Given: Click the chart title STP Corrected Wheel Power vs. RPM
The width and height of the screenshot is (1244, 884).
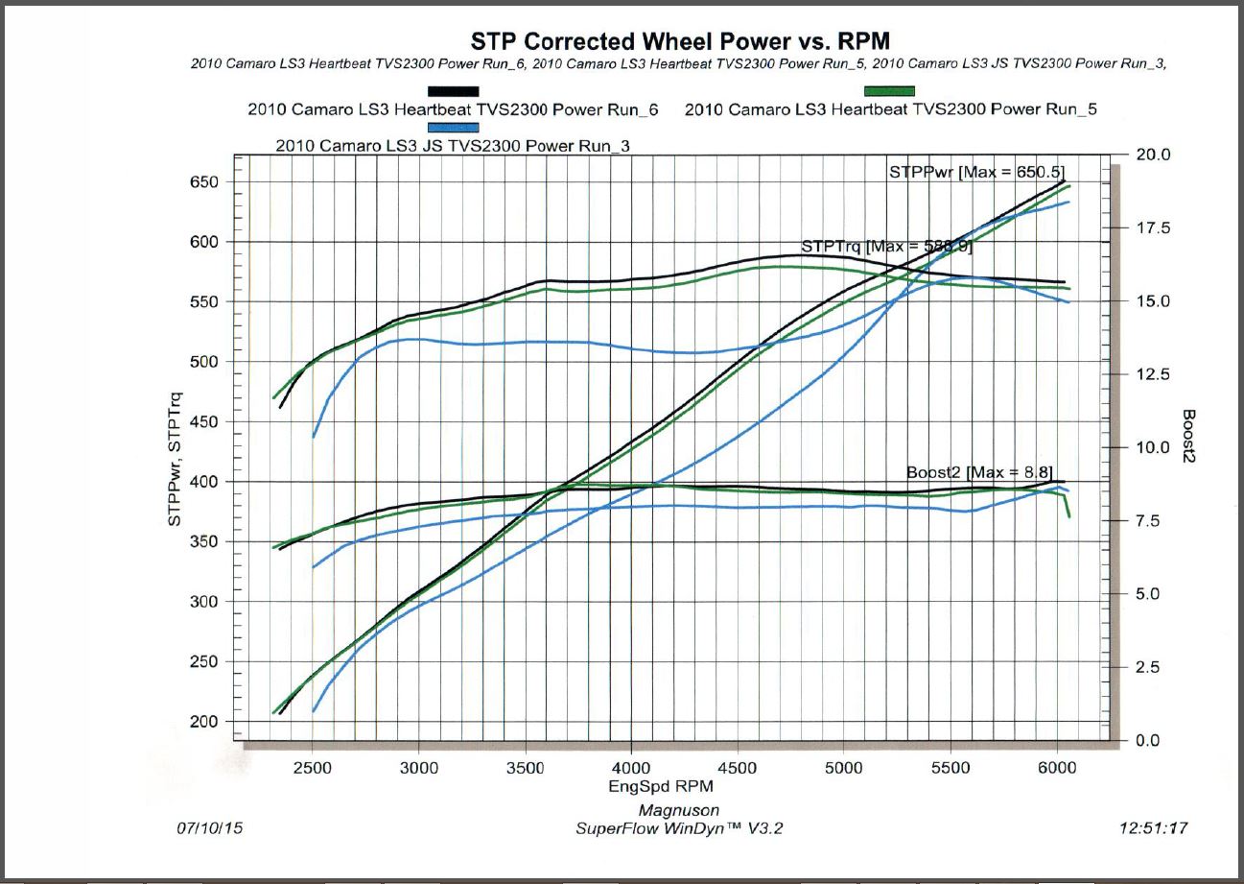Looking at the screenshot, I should (679, 41).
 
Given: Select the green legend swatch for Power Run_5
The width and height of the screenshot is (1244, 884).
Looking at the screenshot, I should (889, 91).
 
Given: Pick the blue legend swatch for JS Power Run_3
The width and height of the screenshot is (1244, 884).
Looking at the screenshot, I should (454, 127).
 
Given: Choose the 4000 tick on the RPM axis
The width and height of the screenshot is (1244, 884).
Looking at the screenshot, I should (630, 768).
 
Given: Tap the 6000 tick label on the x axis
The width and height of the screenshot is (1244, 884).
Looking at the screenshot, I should (1056, 768).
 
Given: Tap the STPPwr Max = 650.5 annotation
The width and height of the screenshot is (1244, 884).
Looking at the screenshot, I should (976, 172).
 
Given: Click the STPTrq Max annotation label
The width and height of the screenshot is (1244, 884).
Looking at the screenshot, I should (886, 247).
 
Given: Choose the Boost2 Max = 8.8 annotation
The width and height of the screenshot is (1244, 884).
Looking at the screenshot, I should (979, 472).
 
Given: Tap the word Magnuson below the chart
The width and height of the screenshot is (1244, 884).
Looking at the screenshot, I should (679, 811).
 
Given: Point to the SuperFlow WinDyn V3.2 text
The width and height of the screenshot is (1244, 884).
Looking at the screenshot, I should (679, 828).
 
